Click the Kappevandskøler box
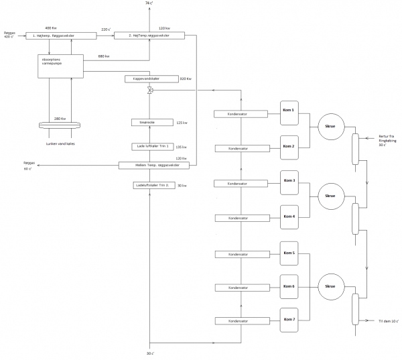pyautogui.click(x=150, y=78)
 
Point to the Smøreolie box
pyautogui.click(x=150, y=122)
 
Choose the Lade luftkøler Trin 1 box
pyautogui.click(x=150, y=145)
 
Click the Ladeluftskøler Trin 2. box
pyautogui.click(x=150, y=184)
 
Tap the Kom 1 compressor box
pyautogui.click(x=289, y=111)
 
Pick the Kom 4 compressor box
pyautogui.click(x=289, y=216)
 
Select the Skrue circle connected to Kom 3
pyautogui.click(x=330, y=196)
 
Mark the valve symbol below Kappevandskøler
pyautogui.click(x=150, y=91)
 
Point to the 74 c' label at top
pyautogui.click(x=151, y=5)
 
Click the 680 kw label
pyautogui.click(x=104, y=56)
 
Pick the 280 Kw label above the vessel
pyautogui.click(x=60, y=118)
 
